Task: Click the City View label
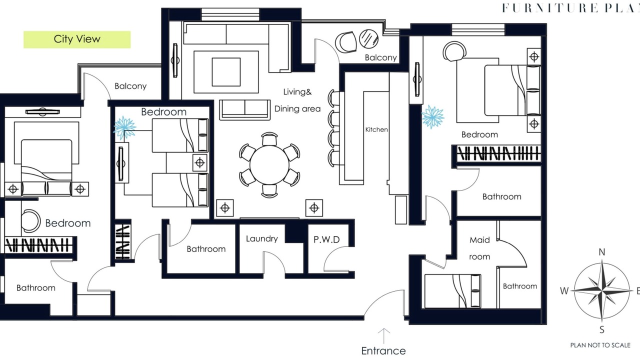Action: pos(77,39)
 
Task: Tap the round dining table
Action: pos(269,165)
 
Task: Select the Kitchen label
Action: pos(376,129)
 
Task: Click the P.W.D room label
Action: pos(326,239)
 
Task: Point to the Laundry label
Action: pos(261,238)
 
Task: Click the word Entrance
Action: pos(383,350)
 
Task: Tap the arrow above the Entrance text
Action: pos(383,336)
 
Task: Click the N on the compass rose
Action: pos(601,252)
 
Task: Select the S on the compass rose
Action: pos(601,329)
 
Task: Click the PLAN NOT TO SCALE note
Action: pos(600,345)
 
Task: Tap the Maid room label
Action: pos(479,248)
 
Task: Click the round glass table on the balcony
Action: pos(368,38)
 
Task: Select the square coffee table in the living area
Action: pos(226,71)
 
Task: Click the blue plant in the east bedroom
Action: pos(432,117)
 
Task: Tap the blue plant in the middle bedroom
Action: pos(124,127)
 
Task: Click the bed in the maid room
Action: pos(452,291)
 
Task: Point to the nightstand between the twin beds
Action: pos(199,163)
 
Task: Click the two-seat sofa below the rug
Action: pos(245,109)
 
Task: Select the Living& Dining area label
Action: pos(297,100)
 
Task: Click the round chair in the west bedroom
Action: pos(31,221)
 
